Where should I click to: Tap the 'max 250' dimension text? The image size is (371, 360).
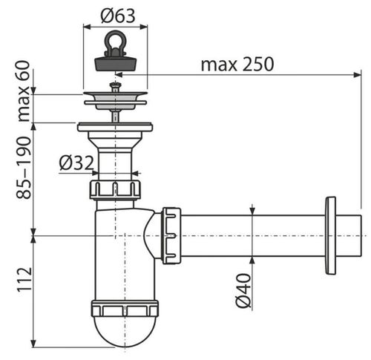[x=237, y=64]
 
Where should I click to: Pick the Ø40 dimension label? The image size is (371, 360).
[x=244, y=291]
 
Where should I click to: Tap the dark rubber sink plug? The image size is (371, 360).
[x=115, y=61]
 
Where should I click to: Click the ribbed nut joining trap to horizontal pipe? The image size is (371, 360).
[x=171, y=236]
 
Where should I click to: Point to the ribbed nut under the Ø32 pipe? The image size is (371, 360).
[x=115, y=189]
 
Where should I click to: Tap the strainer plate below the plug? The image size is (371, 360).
[x=115, y=97]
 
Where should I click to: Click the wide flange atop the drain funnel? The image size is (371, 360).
[x=115, y=127]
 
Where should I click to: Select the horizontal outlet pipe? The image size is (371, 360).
[x=252, y=236]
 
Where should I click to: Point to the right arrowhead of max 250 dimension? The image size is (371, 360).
[x=357, y=74]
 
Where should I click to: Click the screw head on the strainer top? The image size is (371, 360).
[x=115, y=86]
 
